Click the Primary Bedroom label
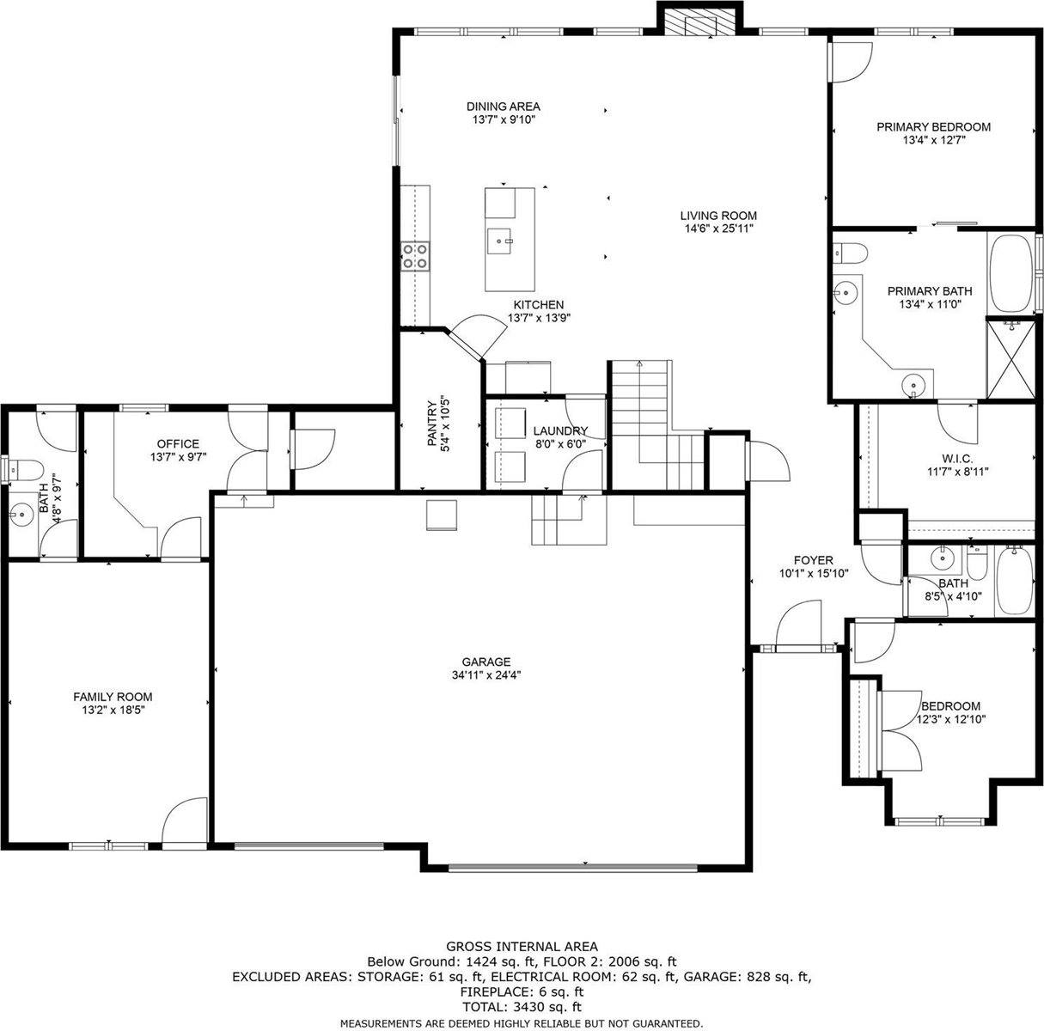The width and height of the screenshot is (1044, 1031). tap(933, 126)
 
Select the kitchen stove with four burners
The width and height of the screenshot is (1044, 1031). tap(416, 255)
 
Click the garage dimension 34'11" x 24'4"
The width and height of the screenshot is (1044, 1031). tap(486, 674)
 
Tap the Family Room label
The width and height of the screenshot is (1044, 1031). tap(113, 696)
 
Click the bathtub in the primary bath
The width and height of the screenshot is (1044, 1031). tap(1010, 272)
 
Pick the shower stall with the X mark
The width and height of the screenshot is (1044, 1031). tap(1011, 359)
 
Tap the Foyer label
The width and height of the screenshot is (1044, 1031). tap(813, 560)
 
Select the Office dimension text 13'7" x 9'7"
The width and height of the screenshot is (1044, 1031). tap(178, 457)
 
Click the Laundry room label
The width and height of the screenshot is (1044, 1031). tap(560, 430)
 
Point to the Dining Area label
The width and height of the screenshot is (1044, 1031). tap(504, 107)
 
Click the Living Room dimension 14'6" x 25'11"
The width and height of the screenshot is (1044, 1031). tap(719, 229)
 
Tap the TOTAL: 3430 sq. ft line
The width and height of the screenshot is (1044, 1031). tap(522, 1006)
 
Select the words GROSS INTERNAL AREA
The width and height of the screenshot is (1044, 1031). tap(522, 947)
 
